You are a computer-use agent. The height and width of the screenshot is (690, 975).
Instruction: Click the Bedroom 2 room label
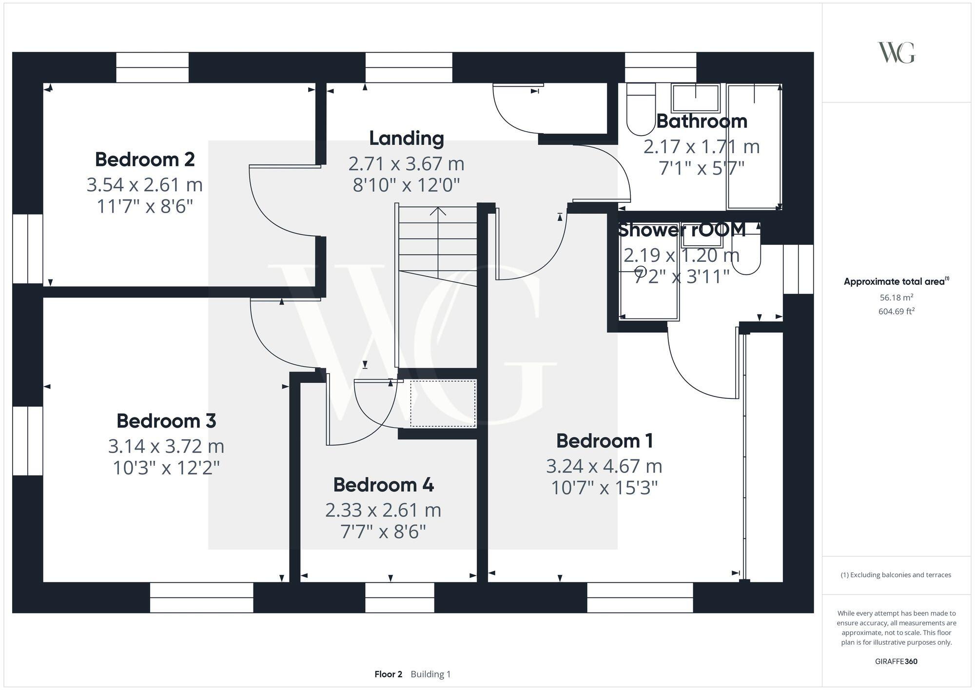pyautogui.click(x=145, y=159)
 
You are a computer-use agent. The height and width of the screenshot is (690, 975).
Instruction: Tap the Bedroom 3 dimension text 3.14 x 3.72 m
pyautogui.click(x=166, y=446)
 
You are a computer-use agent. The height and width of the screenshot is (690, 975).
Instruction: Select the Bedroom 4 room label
pyautogui.click(x=383, y=485)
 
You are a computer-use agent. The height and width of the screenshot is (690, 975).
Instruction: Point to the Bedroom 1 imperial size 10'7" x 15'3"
pyautogui.click(x=604, y=488)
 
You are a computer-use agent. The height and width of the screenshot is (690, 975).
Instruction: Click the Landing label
pyautogui.click(x=406, y=138)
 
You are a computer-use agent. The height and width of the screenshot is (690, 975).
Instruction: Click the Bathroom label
pyautogui.click(x=701, y=121)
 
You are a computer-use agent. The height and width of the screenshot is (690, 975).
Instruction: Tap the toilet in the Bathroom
pyautogui.click(x=641, y=110)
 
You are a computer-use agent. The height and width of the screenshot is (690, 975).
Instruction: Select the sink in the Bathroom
pyautogui.click(x=695, y=98)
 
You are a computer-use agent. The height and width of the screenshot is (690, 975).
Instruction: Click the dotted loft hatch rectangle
pyautogui.click(x=443, y=404)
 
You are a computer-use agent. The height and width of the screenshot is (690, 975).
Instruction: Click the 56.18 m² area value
pyautogui.click(x=896, y=297)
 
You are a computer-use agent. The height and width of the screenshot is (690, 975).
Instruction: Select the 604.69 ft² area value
pyautogui.click(x=896, y=311)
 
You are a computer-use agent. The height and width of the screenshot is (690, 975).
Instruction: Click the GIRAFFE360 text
pyautogui.click(x=896, y=662)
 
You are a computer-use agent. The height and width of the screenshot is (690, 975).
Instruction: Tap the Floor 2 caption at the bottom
pyautogui.click(x=388, y=674)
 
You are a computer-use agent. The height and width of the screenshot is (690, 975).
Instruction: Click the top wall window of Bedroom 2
pyautogui.click(x=152, y=67)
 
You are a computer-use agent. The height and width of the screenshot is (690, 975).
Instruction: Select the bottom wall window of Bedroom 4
pyautogui.click(x=399, y=597)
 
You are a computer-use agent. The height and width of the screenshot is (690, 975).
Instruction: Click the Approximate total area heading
pyautogui.click(x=896, y=281)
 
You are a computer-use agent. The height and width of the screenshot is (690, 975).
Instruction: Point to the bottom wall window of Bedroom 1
pyautogui.click(x=640, y=597)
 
